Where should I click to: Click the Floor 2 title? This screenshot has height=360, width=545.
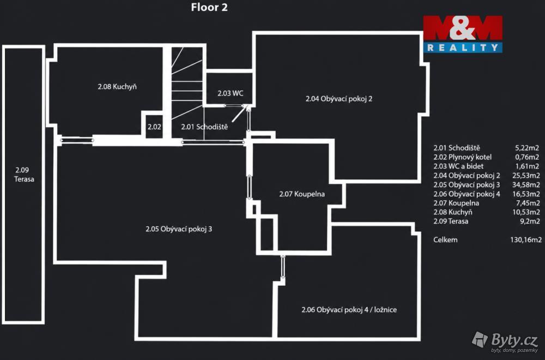tap(209, 7)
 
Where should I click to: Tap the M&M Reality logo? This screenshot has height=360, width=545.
tap(463, 34)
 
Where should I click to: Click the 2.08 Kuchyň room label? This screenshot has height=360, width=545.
tap(117, 87)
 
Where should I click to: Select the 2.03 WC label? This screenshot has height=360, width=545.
tap(231, 93)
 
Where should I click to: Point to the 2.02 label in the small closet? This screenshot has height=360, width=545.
tap(154, 127)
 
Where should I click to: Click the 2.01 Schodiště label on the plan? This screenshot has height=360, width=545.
tap(204, 127)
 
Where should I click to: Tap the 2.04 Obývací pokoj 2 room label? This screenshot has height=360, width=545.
tap(339, 99)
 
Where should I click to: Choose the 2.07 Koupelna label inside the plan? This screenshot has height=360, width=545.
tap(302, 194)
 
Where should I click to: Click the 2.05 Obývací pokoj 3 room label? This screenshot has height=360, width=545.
tap(179, 229)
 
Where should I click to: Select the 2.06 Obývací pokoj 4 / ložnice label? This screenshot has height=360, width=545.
tap(349, 310)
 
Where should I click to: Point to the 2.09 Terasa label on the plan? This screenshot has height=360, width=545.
tap(24, 175)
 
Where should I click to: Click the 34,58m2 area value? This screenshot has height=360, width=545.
tap(526, 185)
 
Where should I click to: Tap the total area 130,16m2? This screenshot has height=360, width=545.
tap(525, 239)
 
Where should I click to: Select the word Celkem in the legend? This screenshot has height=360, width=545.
tap(445, 239)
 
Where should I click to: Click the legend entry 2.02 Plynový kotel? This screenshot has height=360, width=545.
tap(462, 157)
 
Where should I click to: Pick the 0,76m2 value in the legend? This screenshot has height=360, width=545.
tap(527, 157)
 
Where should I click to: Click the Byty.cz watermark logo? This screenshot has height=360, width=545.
tap(505, 341)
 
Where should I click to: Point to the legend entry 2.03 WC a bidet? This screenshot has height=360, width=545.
tap(458, 166)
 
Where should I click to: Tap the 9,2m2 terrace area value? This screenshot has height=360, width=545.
tap(530, 221)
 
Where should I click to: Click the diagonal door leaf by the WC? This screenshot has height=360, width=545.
tap(240, 114)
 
